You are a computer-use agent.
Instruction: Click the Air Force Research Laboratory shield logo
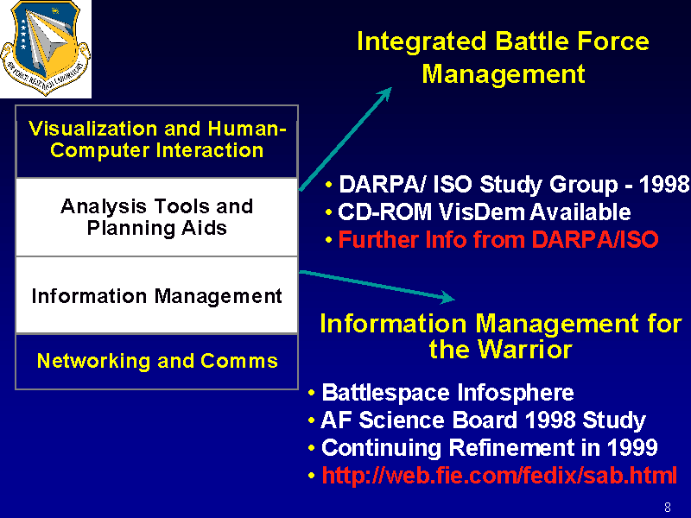46,47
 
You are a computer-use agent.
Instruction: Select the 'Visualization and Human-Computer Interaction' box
157,142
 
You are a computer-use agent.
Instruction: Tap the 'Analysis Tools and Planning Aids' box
157,218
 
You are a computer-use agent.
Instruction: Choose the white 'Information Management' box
157,295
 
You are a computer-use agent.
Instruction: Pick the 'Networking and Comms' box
157,361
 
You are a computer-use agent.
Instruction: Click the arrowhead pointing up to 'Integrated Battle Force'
384,94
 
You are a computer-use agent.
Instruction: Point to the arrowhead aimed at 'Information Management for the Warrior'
447,297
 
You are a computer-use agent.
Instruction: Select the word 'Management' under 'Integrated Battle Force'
504,73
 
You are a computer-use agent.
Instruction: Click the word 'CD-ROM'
384,212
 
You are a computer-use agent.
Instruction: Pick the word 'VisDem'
482,212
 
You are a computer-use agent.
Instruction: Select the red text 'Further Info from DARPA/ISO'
498,240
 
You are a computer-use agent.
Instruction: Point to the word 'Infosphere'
516,392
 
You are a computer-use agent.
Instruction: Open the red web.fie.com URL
499,476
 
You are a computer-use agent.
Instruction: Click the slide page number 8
668,507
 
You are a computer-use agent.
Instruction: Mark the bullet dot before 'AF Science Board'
312,420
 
